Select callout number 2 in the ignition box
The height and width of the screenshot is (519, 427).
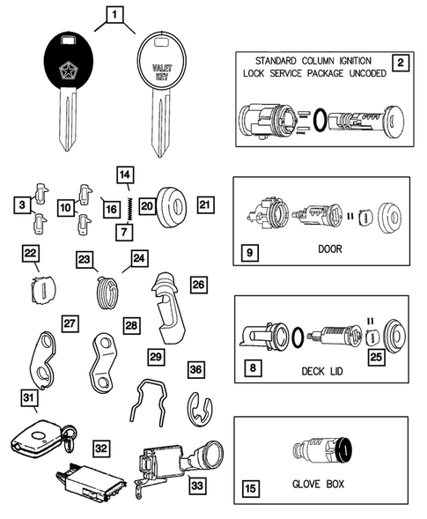(x=400, y=62)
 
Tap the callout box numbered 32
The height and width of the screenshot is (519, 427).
(x=101, y=448)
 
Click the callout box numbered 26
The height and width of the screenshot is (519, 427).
(x=197, y=285)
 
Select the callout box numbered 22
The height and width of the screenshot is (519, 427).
(x=31, y=253)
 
